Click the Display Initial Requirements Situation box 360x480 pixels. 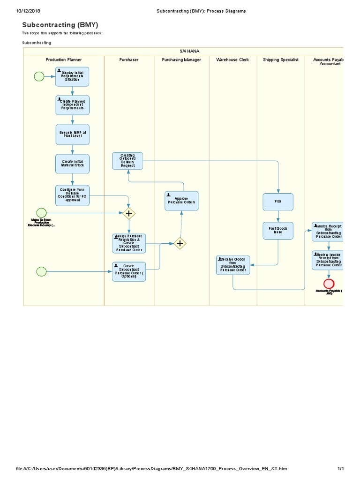click(72, 76)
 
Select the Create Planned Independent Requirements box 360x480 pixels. click(72, 105)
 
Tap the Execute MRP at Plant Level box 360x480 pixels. click(72, 134)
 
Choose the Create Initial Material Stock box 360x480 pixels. click(72, 164)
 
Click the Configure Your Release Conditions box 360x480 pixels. click(72, 195)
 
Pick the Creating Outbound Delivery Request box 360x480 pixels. click(127, 161)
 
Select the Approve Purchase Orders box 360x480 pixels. click(181, 201)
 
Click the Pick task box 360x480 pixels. click(278, 202)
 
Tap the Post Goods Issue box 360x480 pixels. click(278, 230)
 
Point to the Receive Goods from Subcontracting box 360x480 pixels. click(233, 265)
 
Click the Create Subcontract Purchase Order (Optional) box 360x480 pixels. click(129, 271)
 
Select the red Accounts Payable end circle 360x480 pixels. click(329, 284)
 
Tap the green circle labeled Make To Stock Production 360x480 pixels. click(41, 213)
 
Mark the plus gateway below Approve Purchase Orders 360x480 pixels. click(180, 243)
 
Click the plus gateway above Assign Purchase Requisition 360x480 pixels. click(129, 213)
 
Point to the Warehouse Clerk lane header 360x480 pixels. click(232, 60)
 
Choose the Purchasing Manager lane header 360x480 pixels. click(181, 60)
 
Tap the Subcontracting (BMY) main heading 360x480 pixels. click(60, 25)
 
